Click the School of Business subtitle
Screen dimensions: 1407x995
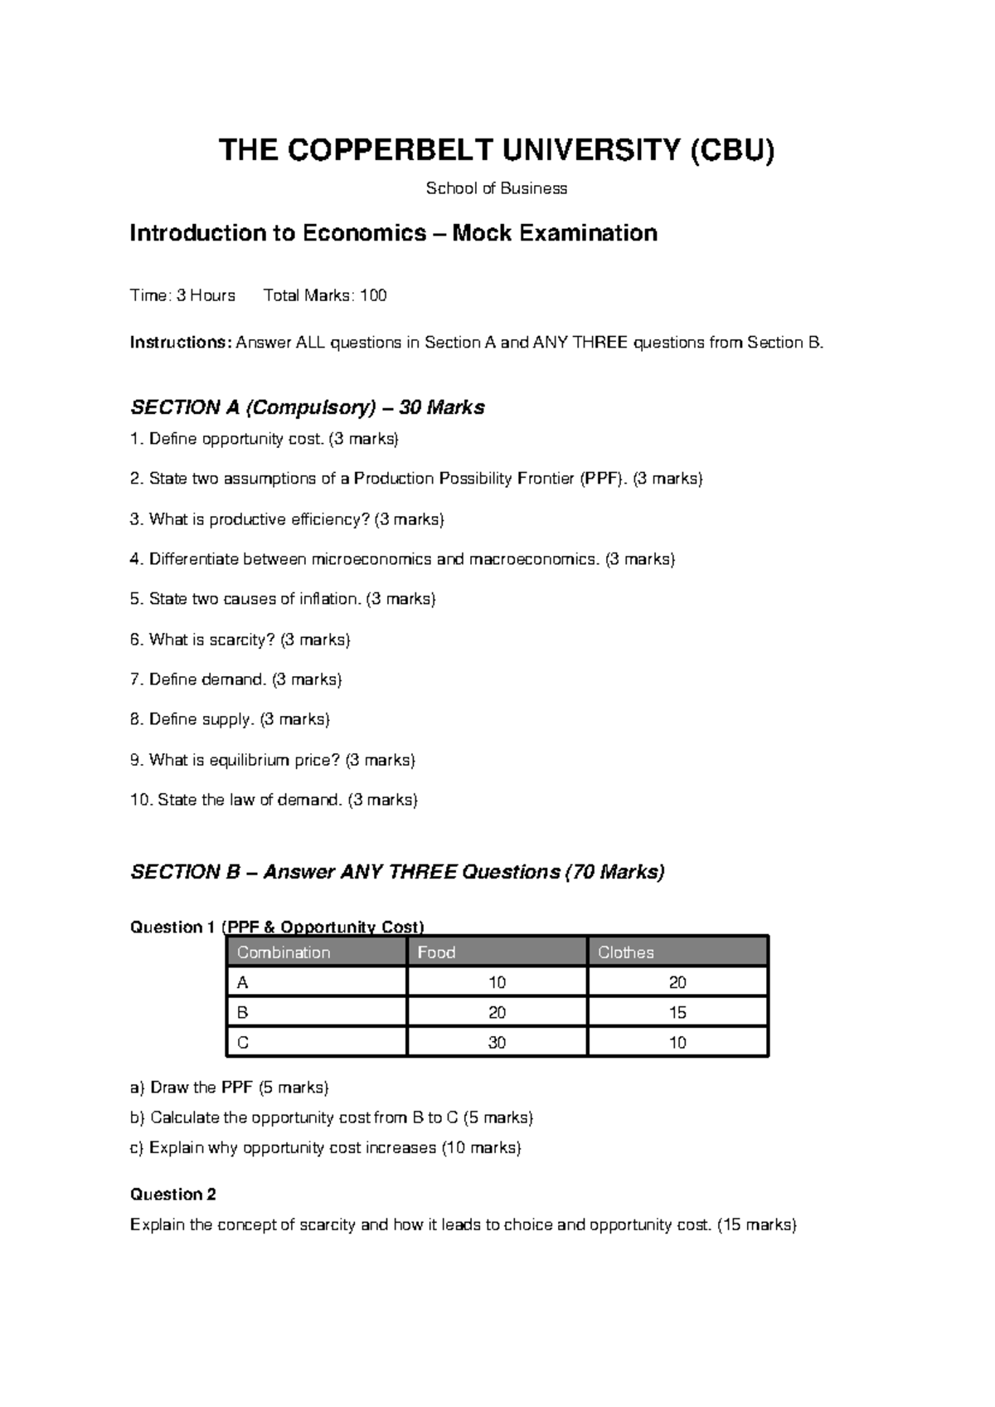click(496, 188)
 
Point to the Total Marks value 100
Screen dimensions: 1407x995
click(373, 295)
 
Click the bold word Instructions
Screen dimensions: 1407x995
click(181, 343)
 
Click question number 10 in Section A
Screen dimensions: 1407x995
click(141, 800)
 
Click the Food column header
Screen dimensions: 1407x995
click(436, 952)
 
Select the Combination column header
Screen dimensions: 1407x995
click(284, 952)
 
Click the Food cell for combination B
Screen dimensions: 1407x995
click(497, 1013)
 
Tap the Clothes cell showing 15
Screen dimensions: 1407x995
click(677, 1013)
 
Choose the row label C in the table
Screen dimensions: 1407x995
click(242, 1043)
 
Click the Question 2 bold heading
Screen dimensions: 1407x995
click(172, 1195)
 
